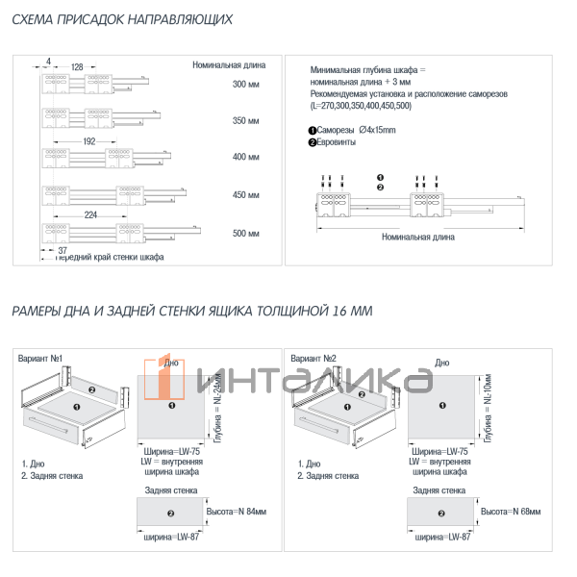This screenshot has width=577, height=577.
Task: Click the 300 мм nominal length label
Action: point(246,85)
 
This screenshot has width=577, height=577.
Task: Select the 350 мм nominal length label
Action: point(246,122)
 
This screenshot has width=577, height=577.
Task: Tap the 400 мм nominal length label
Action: point(246,158)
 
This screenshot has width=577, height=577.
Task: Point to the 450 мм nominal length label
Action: point(246,195)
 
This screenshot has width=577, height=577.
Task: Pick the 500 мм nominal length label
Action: point(246,234)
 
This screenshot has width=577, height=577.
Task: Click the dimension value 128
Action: point(77,66)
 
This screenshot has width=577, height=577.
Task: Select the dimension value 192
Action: point(88,141)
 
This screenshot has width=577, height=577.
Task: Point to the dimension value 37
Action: point(63,249)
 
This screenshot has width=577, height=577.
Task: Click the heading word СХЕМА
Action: point(38,19)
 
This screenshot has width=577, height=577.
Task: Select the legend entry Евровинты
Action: point(337,142)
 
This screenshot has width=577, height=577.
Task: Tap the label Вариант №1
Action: point(40,359)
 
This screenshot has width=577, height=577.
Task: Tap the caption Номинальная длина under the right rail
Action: point(418,236)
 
